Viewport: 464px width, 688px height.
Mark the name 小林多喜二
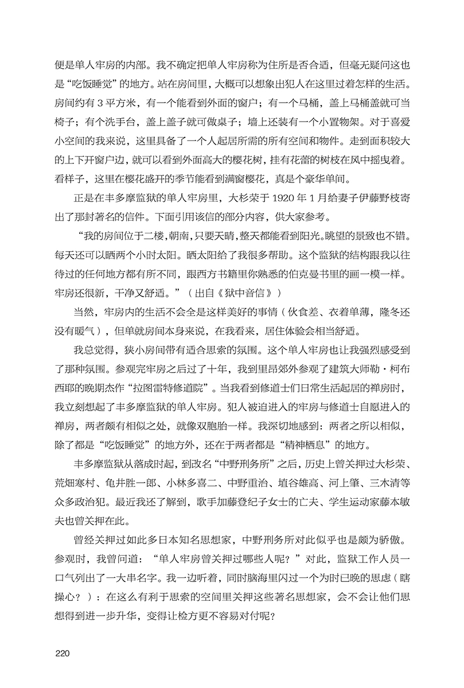click(193, 482)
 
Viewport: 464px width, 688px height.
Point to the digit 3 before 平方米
click(99, 104)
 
